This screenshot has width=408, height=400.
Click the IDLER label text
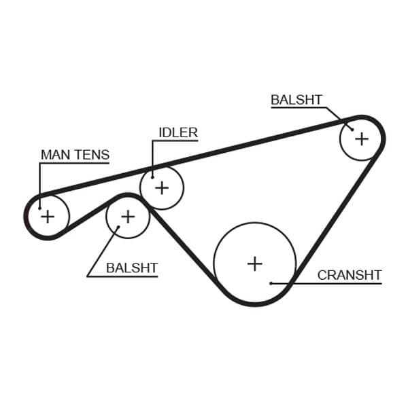pos(178,132)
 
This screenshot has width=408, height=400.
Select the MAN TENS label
pos(75,155)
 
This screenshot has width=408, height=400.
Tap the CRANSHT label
pos(350,275)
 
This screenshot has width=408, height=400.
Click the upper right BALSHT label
pos(296,100)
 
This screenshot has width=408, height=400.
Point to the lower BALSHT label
pos(132,268)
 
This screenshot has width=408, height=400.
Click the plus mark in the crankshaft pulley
pos(255,264)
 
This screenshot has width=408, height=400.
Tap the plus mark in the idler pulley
pos(162,188)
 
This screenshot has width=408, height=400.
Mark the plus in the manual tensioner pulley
pos(48,217)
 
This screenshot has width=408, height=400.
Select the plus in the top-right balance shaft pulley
pos(362,139)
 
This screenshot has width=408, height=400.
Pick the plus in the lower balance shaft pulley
pos(128,217)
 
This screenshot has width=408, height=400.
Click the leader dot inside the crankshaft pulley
pos(271,283)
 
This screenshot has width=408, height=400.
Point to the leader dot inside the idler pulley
pos(153,177)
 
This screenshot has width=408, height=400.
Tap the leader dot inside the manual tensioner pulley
pos(39,208)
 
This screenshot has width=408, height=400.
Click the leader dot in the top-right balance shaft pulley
pos(352,129)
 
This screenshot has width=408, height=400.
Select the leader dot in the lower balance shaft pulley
pos(118,227)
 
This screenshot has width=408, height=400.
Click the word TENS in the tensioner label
pos(93,155)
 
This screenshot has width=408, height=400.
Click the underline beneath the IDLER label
pos(175,141)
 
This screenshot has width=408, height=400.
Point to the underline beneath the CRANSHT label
pos(326,283)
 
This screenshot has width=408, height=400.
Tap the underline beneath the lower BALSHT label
pos(122,276)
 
